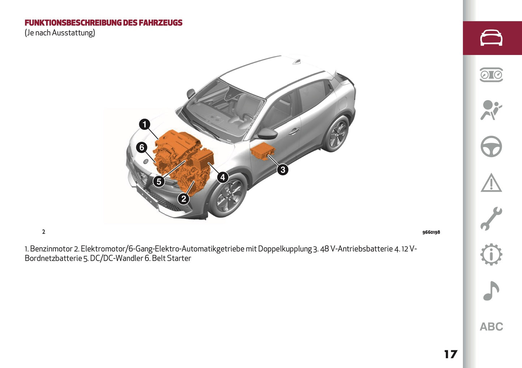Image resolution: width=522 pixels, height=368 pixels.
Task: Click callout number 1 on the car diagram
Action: pos(144,124)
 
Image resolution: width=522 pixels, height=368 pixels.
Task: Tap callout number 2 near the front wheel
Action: pos(184,198)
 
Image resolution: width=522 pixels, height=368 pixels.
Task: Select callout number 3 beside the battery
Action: pos(282,169)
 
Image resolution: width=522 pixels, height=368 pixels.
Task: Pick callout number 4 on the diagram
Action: pos(223,177)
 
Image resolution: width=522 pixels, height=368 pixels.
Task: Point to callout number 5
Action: pos(159,181)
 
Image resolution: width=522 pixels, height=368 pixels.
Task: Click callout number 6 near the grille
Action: pos(142,147)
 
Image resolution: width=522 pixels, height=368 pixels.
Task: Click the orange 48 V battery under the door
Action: pos(263,151)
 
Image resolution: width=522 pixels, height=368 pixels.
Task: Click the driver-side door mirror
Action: pos(267,134)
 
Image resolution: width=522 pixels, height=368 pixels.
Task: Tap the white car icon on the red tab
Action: pos(491,38)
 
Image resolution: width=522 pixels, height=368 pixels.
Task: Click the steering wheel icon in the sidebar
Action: pos(491,146)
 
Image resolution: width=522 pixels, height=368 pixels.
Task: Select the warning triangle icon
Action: pos(491,183)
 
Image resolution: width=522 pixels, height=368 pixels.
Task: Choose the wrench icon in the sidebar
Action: pos(491,219)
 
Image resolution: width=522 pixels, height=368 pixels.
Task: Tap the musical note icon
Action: pos(491,291)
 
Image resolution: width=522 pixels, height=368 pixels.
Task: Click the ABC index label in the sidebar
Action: pos(491,327)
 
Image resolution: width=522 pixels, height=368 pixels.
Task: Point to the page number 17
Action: pos(450,354)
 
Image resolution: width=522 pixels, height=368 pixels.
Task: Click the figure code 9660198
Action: pos(431,232)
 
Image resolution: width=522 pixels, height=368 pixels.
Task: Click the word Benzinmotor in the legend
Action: pos(51,249)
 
